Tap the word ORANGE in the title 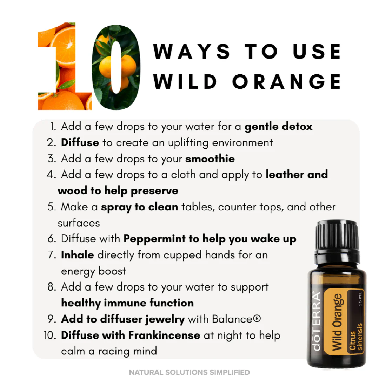click(286, 81)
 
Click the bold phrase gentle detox click(278, 126)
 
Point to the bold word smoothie click(210, 159)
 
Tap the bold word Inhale click(77, 255)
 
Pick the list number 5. click(52, 207)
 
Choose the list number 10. click(50, 335)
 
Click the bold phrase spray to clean click(139, 207)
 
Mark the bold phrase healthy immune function click(127, 303)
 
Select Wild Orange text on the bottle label click(337, 321)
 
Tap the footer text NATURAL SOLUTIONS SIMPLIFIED click(189, 372)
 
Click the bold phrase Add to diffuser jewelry click(123, 319)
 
